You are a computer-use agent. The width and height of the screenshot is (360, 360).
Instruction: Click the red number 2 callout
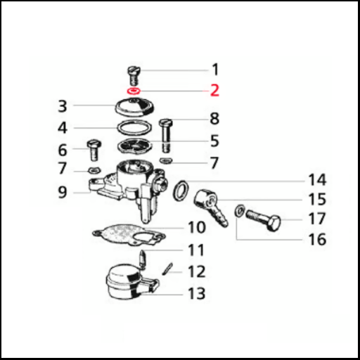pos(214,91)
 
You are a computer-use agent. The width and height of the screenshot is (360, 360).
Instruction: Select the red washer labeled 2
pos(134,91)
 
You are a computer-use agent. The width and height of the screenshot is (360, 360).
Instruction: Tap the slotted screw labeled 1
pos(134,76)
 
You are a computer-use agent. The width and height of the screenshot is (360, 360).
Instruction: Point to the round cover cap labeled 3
pos(135,107)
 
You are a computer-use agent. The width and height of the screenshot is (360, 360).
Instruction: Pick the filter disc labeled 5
pos(135,146)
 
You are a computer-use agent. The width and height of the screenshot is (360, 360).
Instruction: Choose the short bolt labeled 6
pos(94,150)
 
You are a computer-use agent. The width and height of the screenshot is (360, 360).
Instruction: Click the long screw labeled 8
pos(166,136)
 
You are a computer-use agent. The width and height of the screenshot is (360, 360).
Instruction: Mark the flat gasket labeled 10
pos(129,235)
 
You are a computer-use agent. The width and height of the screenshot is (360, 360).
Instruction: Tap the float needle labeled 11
pos(143,259)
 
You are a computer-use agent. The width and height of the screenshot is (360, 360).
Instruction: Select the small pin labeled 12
pos(167,269)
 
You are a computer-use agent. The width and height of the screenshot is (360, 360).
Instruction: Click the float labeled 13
pos(132,283)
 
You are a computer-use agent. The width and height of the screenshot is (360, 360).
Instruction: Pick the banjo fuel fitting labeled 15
pos(210,206)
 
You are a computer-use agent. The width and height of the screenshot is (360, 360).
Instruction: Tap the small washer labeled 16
pos(239,211)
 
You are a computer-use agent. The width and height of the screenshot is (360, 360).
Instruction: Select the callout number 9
pos(63,192)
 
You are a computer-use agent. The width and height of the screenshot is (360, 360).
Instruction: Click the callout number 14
pos(317,180)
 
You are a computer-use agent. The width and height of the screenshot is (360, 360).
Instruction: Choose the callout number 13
pos(197,293)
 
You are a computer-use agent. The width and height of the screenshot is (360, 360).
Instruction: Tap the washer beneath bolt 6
pos(94,170)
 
